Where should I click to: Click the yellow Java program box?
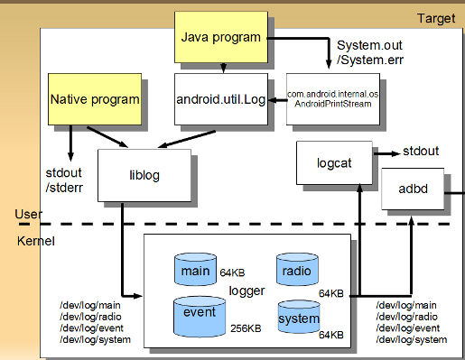(220, 38)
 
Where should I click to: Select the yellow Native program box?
(95, 99)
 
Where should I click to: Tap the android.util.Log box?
(222, 99)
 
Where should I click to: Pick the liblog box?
(144, 174)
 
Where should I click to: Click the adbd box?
(411, 191)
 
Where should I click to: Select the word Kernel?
(35, 242)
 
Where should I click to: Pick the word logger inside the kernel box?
(247, 291)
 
